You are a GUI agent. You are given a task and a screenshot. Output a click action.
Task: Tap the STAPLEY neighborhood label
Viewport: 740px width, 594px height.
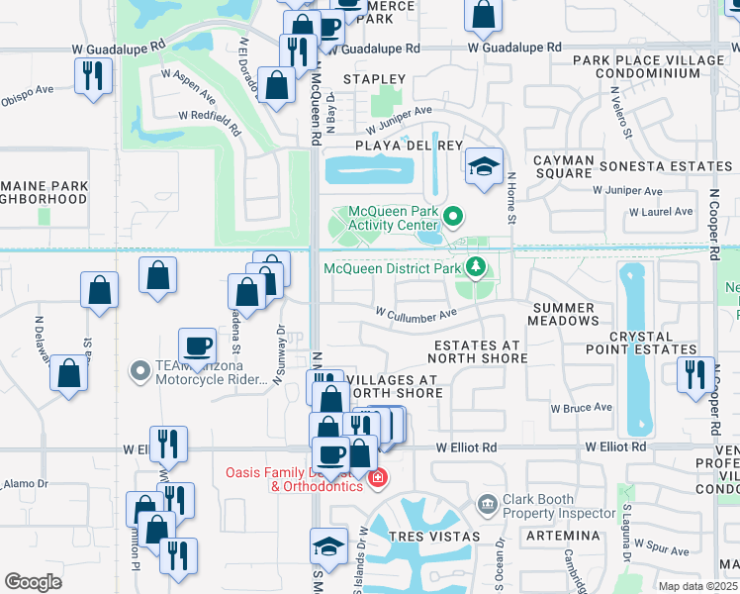[x=374, y=78]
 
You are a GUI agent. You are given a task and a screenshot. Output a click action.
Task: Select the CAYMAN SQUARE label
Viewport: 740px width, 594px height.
[x=563, y=166]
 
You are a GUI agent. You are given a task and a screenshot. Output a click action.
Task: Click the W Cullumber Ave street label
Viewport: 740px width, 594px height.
[x=416, y=313]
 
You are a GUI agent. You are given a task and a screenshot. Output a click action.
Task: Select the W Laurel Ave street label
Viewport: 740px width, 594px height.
[x=661, y=211]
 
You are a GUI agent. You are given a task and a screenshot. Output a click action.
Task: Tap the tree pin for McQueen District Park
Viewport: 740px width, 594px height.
[x=476, y=267]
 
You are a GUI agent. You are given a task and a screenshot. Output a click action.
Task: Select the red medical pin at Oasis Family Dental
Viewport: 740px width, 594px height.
[x=377, y=479]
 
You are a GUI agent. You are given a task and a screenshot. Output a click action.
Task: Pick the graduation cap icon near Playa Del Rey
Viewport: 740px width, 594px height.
[x=484, y=166]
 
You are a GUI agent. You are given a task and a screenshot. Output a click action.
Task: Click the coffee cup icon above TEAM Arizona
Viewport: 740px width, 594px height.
[x=197, y=346]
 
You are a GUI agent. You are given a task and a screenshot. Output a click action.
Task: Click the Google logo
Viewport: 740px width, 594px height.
[x=33, y=581]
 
